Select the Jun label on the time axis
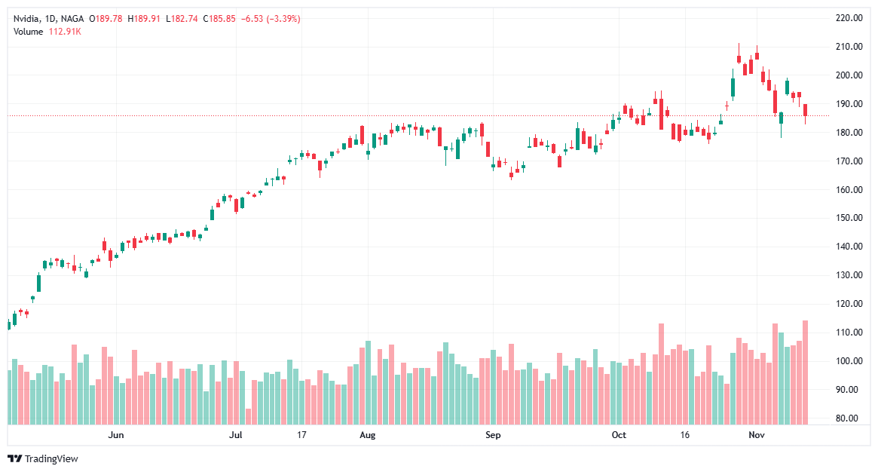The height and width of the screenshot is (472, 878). coord(115,435)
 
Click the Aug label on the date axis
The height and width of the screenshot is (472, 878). coord(367,435)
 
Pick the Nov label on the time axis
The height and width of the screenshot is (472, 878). coord(757,435)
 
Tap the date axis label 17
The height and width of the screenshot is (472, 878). coord(301,435)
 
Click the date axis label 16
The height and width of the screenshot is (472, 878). coord(685,435)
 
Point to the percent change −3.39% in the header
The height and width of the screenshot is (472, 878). coord(280,19)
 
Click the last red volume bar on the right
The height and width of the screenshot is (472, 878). coord(805,373)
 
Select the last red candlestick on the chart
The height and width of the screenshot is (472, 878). coord(805,110)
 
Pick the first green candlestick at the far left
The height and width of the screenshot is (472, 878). coord(8,324)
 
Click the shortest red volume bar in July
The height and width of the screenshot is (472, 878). coord(248,415)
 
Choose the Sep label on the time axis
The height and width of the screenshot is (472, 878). coord(492,435)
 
